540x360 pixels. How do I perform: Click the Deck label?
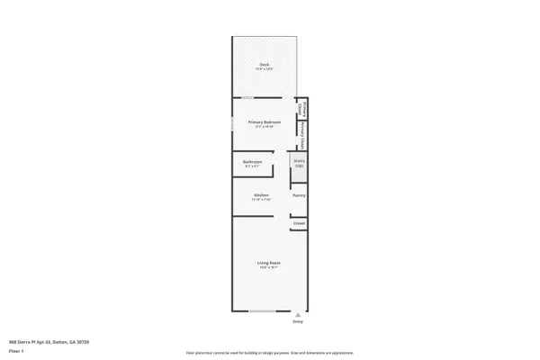tap(265, 64)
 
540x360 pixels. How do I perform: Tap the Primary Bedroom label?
tap(265, 121)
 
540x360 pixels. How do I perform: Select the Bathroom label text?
tap(252, 162)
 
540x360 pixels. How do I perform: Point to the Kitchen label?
tap(262, 194)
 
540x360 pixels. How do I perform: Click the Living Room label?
tap(265, 263)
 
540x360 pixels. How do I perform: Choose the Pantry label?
tap(299, 195)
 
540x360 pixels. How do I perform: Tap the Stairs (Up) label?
tap(299, 163)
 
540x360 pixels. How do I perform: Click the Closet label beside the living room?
tap(299, 223)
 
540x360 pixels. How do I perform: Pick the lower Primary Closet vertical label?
tap(303, 135)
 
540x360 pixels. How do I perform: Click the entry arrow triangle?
tap(298, 315)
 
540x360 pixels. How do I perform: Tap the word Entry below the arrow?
tap(298, 321)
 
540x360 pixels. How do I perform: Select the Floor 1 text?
tap(15, 350)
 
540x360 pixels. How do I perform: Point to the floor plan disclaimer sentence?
tap(269, 353)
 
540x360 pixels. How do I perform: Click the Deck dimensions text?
tap(265, 69)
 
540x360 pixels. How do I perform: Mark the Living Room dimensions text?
tap(265, 268)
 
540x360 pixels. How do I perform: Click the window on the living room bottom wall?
tap(263, 311)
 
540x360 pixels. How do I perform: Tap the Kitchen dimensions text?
tap(262, 200)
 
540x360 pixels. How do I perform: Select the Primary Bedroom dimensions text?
tap(265, 127)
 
